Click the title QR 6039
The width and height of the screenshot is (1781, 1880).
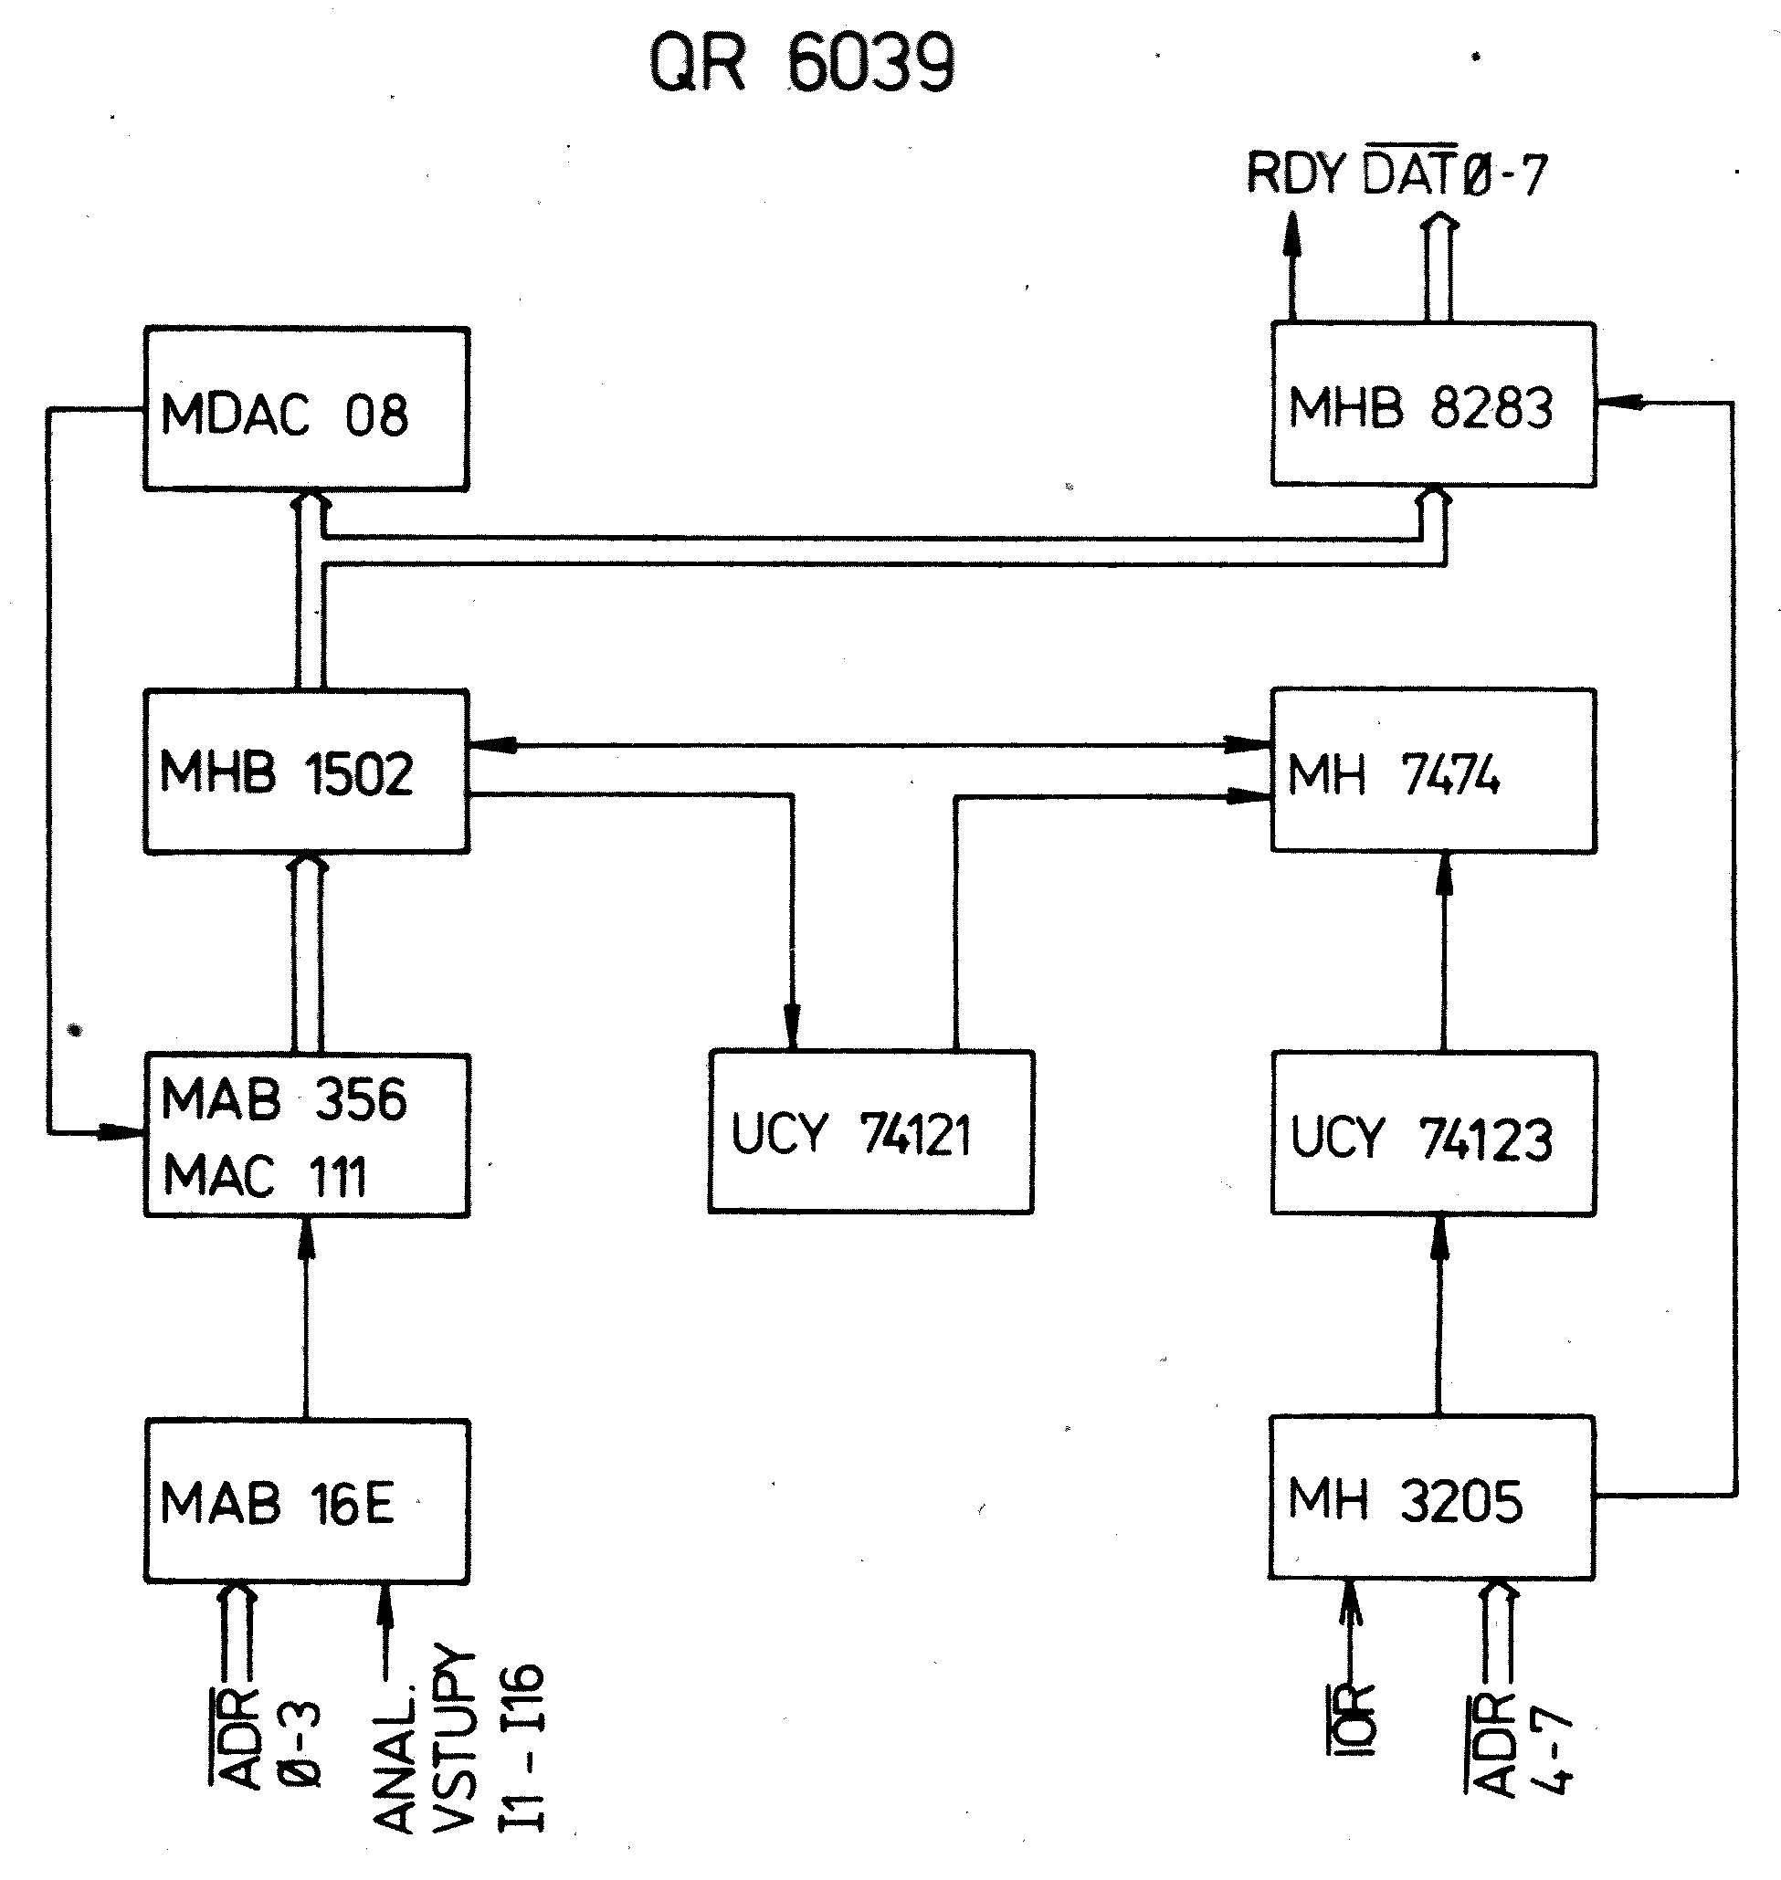801,64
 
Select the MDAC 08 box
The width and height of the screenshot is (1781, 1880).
306,409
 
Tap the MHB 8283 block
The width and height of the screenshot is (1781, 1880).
1433,405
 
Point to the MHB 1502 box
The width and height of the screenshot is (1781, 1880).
306,772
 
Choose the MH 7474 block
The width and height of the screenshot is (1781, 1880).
1433,771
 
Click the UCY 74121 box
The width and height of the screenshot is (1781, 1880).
870,1131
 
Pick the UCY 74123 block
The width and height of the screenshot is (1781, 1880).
1433,1133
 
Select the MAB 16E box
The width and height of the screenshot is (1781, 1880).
306,1501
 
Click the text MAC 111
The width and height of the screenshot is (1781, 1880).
265,1177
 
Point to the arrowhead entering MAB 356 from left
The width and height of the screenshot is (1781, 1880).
121,1132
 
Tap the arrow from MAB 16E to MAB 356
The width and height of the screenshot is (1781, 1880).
306,1319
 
